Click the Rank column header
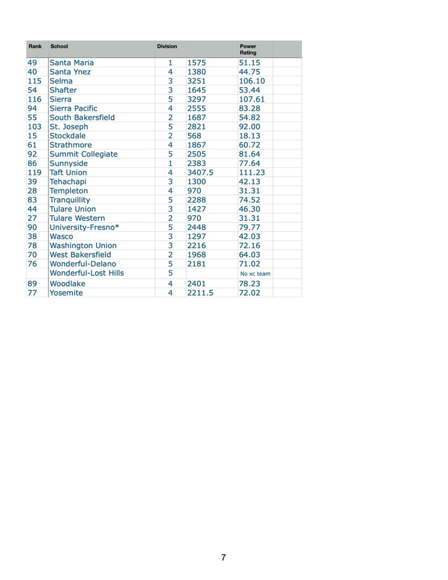[35, 46]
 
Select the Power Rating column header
[248, 49]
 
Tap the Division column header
[166, 46]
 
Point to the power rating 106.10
[252, 81]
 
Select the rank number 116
[34, 99]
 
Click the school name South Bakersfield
[82, 117]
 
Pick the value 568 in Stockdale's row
[194, 136]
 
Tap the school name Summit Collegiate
[84, 154]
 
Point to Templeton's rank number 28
[32, 190]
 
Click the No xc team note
[255, 273]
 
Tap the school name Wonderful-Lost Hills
[86, 273]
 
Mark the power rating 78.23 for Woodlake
[249, 283]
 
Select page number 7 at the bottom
[223, 557]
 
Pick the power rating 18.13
[249, 136]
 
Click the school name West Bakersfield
[80, 255]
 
